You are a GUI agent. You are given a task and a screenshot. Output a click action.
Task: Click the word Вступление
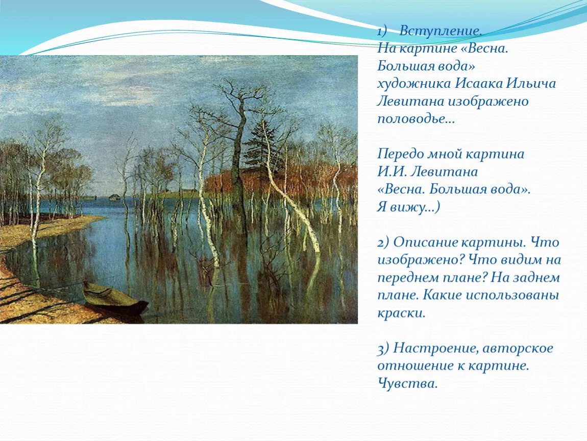[x=440, y=31]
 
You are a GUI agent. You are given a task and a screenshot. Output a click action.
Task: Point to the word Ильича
[x=531, y=83]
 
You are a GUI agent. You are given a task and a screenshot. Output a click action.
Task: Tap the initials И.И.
[x=392, y=171]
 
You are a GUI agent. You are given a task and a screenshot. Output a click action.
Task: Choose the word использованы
[x=512, y=295]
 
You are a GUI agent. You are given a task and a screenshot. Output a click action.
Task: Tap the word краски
[x=401, y=312]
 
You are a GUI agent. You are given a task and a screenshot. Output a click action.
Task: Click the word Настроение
[x=436, y=349]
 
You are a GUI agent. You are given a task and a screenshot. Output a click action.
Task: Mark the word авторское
[x=518, y=349]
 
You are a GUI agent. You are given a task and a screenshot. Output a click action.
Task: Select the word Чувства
[x=407, y=383]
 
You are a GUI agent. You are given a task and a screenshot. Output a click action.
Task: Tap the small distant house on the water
[x=114, y=198]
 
